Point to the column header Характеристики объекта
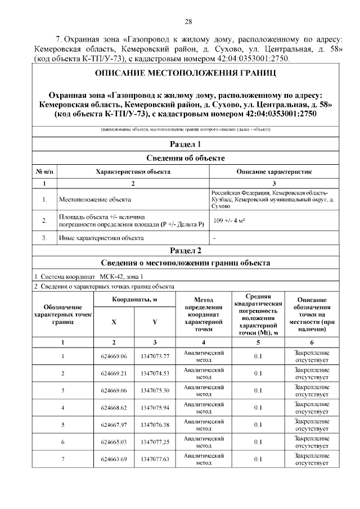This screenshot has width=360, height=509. click(133, 172)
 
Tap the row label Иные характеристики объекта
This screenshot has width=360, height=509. click(101, 238)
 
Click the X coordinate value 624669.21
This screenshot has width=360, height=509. click(114, 373)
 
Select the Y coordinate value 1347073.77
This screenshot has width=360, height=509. click(155, 356)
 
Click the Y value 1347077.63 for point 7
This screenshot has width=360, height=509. click(155, 460)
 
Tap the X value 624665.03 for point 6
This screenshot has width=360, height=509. click(114, 443)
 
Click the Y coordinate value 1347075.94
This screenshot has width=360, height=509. click(155, 408)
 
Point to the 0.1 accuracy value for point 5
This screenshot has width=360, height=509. click(258, 425)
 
